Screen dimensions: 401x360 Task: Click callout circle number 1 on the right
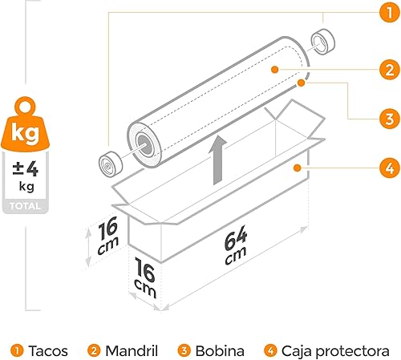[390, 12]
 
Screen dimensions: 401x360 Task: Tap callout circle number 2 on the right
[390, 70]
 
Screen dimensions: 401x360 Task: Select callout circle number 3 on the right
[390, 119]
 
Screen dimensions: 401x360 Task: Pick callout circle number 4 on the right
[390, 168]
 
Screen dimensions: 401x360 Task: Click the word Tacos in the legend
[48, 350]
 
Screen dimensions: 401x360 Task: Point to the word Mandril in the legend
[132, 350]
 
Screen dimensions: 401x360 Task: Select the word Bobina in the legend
[220, 350]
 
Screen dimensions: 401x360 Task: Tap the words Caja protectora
[335, 351]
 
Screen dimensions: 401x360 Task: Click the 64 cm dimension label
[235, 245]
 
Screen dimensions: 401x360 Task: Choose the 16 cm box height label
[107, 236]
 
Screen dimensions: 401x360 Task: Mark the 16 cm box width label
[145, 277]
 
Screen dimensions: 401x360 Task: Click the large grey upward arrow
[218, 160]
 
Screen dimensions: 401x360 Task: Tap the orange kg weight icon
[26, 126]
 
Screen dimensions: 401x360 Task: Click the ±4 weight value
[26, 169]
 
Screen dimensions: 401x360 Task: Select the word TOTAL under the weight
[25, 206]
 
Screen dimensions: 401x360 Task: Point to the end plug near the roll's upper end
[323, 42]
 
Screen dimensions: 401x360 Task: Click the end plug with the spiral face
[111, 164]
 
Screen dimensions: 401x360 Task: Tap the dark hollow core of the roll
[145, 144]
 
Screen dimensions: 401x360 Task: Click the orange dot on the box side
[297, 168]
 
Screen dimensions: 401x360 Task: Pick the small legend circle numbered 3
[184, 350]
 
